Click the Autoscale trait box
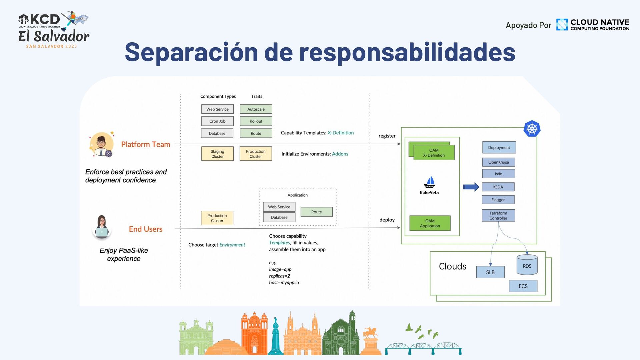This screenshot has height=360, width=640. tap(256, 109)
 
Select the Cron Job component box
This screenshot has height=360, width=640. tap(217, 121)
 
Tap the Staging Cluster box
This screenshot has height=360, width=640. tap(217, 154)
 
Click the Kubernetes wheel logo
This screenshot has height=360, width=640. tap(532, 129)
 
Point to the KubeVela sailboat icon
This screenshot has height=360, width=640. tap(429, 182)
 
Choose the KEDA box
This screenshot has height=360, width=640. tap(498, 187)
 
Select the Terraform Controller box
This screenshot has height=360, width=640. tap(498, 215)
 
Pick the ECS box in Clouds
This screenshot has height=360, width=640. tap(523, 286)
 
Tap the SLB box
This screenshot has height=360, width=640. tap(490, 272)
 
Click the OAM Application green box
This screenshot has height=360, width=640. tap(430, 223)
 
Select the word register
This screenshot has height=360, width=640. tap(387, 136)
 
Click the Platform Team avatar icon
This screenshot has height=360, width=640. tap(102, 144)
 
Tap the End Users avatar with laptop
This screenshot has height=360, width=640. tap(102, 227)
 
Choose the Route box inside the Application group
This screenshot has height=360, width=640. tap(316, 212)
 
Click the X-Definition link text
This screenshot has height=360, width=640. tap(340, 133)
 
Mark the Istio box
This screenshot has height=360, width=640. tap(498, 174)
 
